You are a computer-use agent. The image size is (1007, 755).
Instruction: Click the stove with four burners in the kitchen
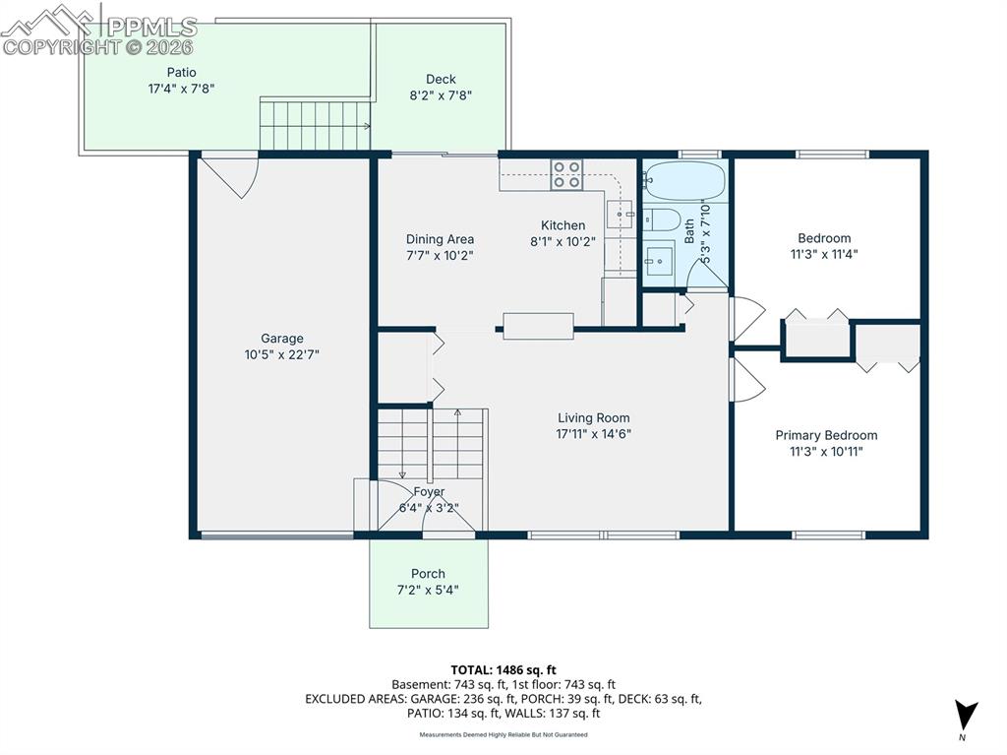click(566, 174)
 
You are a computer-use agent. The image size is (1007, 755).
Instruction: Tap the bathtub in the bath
click(685, 181)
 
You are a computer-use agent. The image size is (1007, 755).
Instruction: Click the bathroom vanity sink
click(659, 260)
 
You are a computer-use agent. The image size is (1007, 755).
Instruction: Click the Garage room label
click(282, 339)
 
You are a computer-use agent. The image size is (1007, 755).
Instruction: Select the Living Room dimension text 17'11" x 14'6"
click(593, 433)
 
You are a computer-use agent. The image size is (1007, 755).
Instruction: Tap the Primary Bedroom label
click(826, 435)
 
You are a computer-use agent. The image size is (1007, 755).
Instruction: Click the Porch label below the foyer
click(428, 574)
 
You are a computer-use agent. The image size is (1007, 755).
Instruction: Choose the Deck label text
click(441, 80)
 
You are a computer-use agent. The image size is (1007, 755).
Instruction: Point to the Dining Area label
click(440, 239)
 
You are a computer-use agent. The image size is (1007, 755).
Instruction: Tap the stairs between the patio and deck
click(314, 124)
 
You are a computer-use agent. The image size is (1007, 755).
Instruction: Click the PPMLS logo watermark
click(98, 30)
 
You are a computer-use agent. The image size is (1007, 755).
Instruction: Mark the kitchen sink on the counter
click(620, 213)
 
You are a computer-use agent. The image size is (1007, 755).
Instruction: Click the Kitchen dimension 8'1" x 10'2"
click(563, 241)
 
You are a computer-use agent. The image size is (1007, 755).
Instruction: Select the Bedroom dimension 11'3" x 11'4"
click(824, 253)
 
